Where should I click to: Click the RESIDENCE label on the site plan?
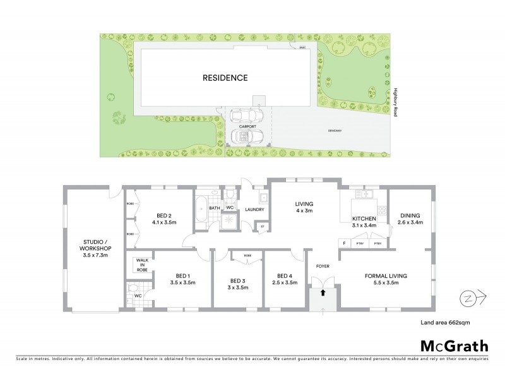coord(225,78)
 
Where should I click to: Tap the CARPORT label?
coord(247,126)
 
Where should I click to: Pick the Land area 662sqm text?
coord(445,322)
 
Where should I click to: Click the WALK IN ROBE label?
coord(140,264)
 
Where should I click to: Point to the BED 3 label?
coord(237,284)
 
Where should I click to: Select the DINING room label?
coord(409,218)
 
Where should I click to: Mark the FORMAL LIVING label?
coord(385,279)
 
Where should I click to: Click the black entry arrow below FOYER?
coord(323,292)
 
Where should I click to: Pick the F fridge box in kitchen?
coord(345,243)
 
